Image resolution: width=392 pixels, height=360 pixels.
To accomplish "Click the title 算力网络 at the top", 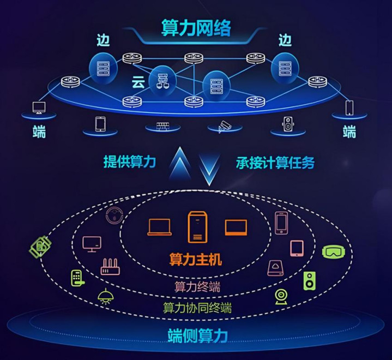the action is [196, 28].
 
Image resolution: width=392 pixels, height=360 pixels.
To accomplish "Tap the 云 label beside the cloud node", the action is [138, 82].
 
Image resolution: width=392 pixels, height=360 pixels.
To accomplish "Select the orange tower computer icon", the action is [197, 227].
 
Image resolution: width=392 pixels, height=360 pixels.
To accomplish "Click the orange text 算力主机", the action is [196, 259].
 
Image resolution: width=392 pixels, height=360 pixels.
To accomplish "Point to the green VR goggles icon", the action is [334, 251].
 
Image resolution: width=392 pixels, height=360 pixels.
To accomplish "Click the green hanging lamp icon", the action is [106, 296].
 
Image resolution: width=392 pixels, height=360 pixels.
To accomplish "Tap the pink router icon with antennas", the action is [110, 267].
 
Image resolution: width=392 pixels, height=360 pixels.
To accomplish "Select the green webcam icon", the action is [281, 297].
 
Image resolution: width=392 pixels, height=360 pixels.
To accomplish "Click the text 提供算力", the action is [130, 162].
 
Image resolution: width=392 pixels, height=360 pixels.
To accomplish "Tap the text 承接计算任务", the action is [275, 163].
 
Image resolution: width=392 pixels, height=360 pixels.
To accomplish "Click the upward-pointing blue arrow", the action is [180, 164].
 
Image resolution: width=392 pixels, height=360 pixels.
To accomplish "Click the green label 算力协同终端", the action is [197, 308].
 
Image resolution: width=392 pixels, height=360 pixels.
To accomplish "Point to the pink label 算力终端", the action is [197, 287].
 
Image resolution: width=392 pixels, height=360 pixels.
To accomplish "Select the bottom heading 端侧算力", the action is [197, 335].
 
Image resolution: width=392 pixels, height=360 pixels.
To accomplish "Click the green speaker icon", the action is [310, 281].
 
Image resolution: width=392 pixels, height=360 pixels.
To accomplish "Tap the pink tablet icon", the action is [297, 248].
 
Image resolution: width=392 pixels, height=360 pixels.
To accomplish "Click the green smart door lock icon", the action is [77, 278].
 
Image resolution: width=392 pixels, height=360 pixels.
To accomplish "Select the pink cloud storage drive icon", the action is [276, 268].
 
